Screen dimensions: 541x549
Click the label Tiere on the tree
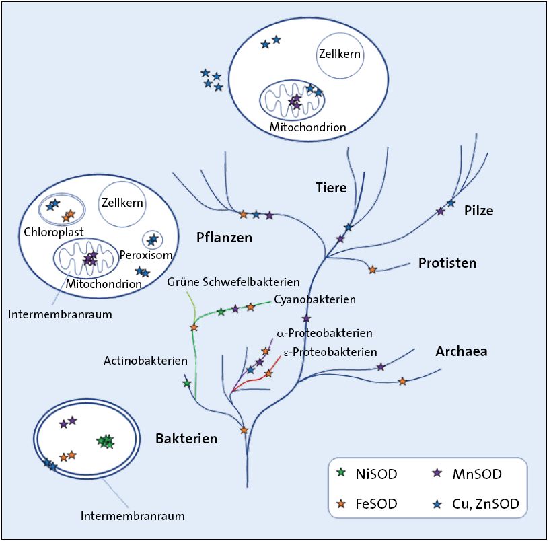coord(331,187)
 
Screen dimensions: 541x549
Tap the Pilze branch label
coord(478,211)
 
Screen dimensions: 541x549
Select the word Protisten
coord(447,263)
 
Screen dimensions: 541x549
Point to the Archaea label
coord(461,351)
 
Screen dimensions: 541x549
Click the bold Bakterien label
coord(186,439)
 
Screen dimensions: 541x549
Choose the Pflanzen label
coord(224,237)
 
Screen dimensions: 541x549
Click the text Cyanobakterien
coord(315,299)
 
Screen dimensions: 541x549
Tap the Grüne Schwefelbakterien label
coord(233,282)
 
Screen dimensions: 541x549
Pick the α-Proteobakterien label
coord(324,333)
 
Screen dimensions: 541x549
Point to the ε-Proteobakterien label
coord(326,351)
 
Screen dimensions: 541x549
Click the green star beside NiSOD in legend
coord(341,474)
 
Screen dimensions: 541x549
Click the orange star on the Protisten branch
coord(373,270)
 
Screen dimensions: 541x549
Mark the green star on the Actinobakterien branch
coord(187,383)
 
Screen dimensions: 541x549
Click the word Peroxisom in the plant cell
coord(147,256)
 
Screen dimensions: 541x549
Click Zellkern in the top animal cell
coord(340,54)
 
